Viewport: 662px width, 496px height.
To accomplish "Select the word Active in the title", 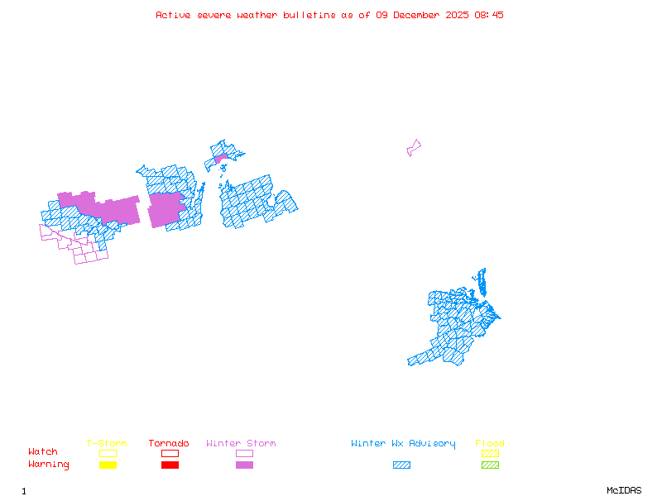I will coord(172,15).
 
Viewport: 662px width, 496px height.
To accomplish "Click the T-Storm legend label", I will coord(107,443).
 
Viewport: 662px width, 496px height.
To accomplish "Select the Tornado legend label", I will coord(169,443).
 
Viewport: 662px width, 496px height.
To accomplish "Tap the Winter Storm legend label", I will coord(241,443).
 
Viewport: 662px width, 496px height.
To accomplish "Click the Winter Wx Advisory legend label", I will coord(403,443).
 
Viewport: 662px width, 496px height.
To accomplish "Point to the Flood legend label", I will coord(490,443).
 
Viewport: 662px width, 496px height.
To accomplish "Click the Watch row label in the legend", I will coord(43,452).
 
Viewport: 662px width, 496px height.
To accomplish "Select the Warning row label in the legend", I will coord(48,465).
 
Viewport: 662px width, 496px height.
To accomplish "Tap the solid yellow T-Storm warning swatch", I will coord(108,465).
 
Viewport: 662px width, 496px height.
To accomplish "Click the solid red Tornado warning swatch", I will coord(170,465).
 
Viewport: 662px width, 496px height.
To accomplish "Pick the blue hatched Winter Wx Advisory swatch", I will coord(401,465).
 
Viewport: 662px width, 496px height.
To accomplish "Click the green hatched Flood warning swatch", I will coord(490,465).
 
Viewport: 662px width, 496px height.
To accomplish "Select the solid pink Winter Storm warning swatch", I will coord(244,465).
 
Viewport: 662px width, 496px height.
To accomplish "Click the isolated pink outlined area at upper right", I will coord(413,148).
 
